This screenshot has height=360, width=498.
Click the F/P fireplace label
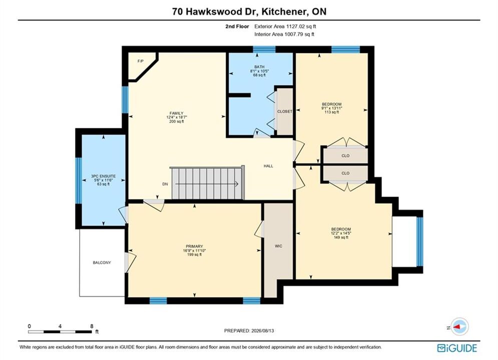coord(140,61)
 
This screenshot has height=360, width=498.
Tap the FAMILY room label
coord(176,113)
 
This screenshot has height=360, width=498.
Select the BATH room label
coord(259,67)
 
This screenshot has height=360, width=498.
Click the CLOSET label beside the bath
coord(285,111)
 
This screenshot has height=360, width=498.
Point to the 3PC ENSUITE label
coord(103,176)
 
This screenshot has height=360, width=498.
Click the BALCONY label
coord(102,262)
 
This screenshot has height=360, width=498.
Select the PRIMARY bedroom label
coord(194,246)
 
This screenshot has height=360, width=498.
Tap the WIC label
coord(279,246)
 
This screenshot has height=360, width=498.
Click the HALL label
coord(268,166)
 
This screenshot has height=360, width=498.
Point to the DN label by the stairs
coord(165,184)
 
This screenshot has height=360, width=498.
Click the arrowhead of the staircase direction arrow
coord(237,184)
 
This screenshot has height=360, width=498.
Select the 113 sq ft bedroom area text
coord(331,112)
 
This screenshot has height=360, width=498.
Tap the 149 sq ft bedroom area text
coord(341,237)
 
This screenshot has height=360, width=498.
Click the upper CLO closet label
coord(345,155)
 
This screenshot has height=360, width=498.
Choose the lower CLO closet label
coord(345,173)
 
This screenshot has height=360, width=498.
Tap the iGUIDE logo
coord(457,348)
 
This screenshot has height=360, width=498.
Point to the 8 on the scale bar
coord(92,326)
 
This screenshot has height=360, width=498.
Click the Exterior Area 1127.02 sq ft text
coord(285,26)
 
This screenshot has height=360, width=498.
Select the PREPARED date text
coord(249,330)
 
